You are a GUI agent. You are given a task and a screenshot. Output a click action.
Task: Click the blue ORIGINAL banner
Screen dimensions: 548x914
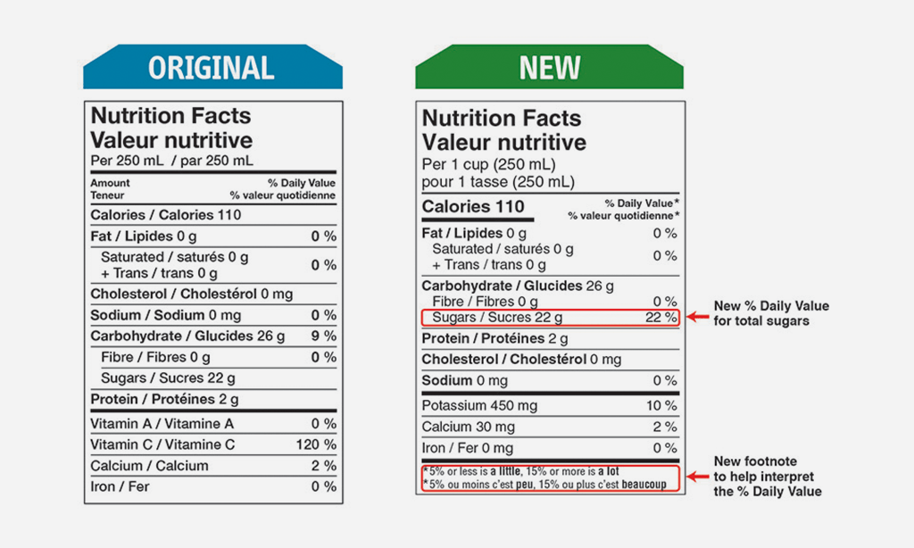tap(212, 67)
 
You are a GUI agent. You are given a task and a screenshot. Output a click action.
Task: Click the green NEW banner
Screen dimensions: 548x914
tap(549, 67)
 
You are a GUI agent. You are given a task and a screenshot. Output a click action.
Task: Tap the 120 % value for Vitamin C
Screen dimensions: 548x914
tap(316, 444)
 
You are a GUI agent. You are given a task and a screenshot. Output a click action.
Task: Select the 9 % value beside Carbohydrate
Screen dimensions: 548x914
tap(323, 336)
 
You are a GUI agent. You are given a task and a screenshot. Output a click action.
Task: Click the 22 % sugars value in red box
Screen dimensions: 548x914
tap(661, 317)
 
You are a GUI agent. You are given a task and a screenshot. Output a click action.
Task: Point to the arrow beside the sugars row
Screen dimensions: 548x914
tap(696, 317)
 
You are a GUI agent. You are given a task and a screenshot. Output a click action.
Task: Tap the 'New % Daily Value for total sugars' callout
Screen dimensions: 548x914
tap(771, 313)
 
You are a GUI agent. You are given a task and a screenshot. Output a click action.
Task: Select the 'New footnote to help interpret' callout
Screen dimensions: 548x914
tap(767, 477)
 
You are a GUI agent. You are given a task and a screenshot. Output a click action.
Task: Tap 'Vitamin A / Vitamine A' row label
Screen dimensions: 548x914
tap(162, 424)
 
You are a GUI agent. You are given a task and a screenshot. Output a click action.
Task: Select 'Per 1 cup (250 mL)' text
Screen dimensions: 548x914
tap(488, 165)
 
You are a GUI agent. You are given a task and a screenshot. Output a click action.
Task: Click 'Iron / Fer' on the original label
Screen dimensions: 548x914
tap(120, 486)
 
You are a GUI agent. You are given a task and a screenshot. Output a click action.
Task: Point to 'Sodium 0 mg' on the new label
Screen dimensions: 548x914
tap(463, 381)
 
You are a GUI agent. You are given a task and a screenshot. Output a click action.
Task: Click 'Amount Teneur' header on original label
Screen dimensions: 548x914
tap(110, 188)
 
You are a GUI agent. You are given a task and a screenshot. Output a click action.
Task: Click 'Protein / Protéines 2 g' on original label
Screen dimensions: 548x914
tap(165, 399)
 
